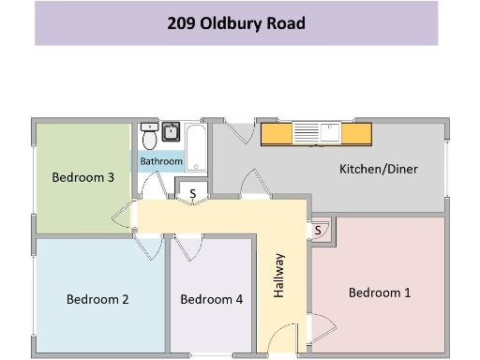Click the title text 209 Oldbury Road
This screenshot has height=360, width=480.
pos(236,23)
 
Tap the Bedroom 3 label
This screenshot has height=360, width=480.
pos(83,177)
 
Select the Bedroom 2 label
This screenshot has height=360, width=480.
pos(97,300)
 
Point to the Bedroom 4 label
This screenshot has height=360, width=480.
pos(212,300)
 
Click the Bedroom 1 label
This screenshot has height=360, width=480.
pos(380,292)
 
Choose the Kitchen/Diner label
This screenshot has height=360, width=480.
pos(378,170)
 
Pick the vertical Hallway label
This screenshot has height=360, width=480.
pos(278,276)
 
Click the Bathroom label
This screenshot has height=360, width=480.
pos(161,161)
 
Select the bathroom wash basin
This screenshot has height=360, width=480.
pos(172,131)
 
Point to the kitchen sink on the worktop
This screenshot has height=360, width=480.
pos(330,132)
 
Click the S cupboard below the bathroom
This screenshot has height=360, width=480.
pos(193,194)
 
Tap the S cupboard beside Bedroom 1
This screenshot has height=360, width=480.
pos(319,229)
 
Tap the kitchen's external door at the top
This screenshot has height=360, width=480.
pos(241,133)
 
